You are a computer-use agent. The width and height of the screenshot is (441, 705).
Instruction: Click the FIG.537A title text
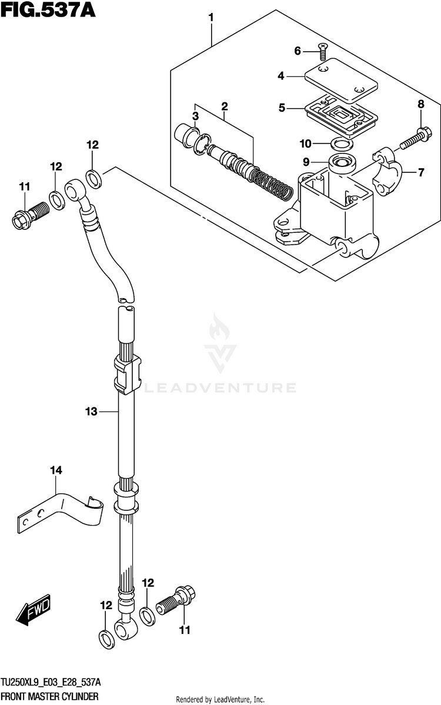point(48,10)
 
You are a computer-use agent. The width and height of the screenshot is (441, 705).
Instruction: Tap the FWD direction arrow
point(34,612)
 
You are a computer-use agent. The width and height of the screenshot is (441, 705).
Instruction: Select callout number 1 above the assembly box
point(211,18)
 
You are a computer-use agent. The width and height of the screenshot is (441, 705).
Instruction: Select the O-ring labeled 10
point(342,143)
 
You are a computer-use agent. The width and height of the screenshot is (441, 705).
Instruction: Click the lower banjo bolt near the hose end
point(176,601)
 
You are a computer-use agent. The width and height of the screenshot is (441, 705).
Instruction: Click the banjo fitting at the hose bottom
point(125,627)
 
